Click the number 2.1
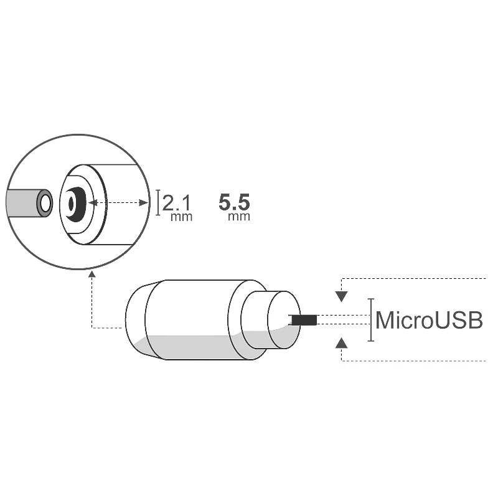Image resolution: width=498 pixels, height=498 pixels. coord(177,202)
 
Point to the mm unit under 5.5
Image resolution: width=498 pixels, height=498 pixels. coord(239,217)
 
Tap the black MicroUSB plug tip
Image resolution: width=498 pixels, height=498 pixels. coord(303,320)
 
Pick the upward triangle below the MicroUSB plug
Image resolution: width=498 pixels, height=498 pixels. coord(341,342)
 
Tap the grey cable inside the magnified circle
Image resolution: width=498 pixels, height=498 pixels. coord(22,203)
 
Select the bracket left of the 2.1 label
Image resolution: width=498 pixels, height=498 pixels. coord(158,203)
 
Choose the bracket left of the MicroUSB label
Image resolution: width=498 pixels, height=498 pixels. coord(372,320)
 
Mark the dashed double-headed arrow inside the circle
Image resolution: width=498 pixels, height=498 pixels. coord(118,202)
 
